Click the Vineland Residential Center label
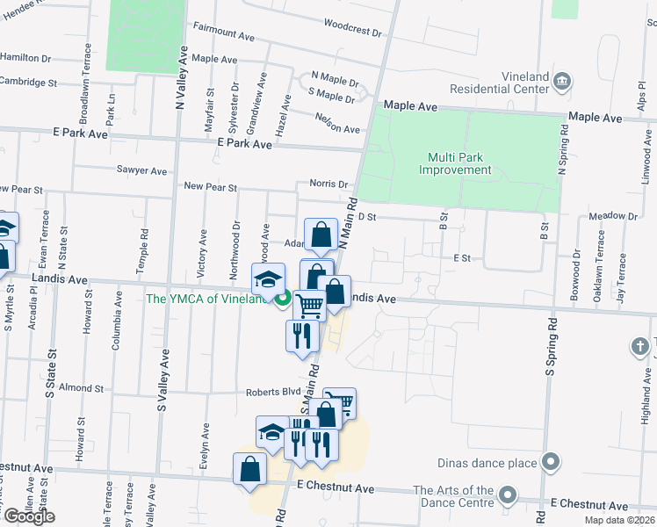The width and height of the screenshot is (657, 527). point(499,83)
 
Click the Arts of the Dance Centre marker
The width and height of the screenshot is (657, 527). point(507,496)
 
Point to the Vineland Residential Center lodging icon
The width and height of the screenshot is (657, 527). point(563,83)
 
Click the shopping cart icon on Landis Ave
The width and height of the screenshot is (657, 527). point(309,306)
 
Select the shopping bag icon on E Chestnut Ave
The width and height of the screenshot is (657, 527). point(249,467)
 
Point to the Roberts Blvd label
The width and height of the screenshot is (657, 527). point(256,393)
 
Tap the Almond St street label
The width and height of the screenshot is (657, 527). point(81,387)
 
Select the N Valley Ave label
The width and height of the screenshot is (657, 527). point(180,78)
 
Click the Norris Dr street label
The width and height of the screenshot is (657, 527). point(328,184)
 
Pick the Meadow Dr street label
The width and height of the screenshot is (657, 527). point(613,216)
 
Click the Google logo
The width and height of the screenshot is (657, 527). point(28,516)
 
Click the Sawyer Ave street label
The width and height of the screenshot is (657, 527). point(141,171)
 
